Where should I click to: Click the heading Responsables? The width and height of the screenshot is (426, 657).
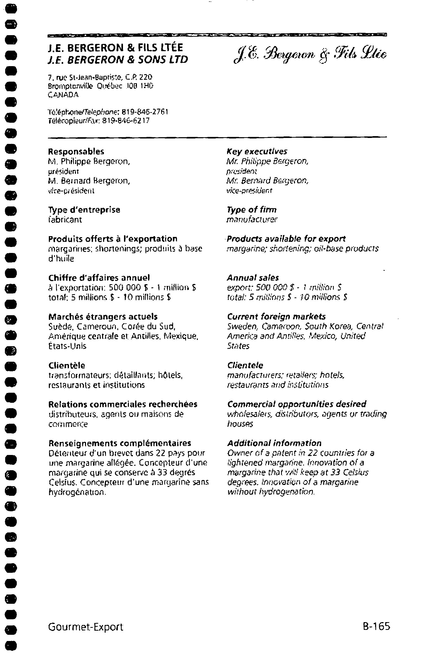click(76, 152)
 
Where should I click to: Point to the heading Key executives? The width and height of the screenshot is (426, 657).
click(257, 152)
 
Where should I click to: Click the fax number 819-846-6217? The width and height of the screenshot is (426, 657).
click(126, 121)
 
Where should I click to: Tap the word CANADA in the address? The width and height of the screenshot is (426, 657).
click(63, 95)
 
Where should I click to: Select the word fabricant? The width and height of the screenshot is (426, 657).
click(65, 220)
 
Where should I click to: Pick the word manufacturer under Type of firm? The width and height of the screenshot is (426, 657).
click(252, 220)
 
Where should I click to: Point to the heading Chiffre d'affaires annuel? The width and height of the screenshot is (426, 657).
click(99, 278)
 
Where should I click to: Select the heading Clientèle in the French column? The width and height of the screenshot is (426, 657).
click(67, 366)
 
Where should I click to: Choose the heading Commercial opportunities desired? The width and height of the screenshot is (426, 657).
click(297, 404)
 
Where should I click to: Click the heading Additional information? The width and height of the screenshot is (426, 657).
click(274, 443)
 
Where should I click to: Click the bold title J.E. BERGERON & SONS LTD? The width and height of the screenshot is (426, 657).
click(118, 60)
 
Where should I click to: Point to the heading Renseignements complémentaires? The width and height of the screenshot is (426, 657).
click(120, 443)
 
